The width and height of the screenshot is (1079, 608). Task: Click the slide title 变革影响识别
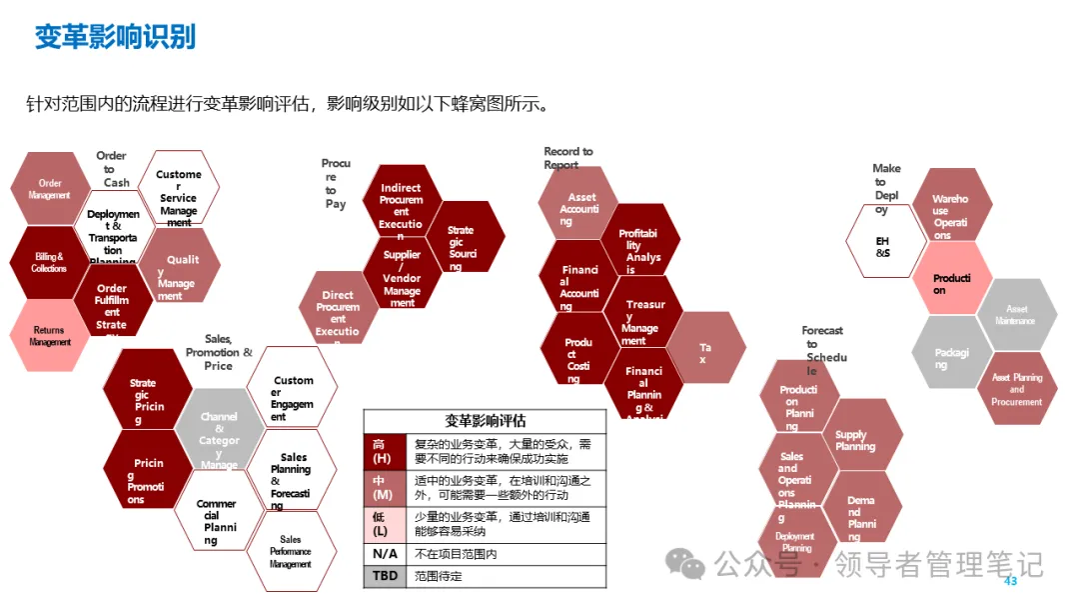(x=115, y=37)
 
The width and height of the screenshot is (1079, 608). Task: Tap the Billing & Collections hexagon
(x=49, y=263)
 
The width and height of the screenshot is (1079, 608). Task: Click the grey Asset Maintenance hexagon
(x=1016, y=315)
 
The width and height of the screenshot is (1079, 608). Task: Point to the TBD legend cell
(x=384, y=577)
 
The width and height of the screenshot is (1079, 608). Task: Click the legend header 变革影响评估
(x=485, y=421)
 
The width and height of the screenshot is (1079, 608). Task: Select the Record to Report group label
(x=568, y=158)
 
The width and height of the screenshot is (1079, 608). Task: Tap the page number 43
(x=1009, y=581)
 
